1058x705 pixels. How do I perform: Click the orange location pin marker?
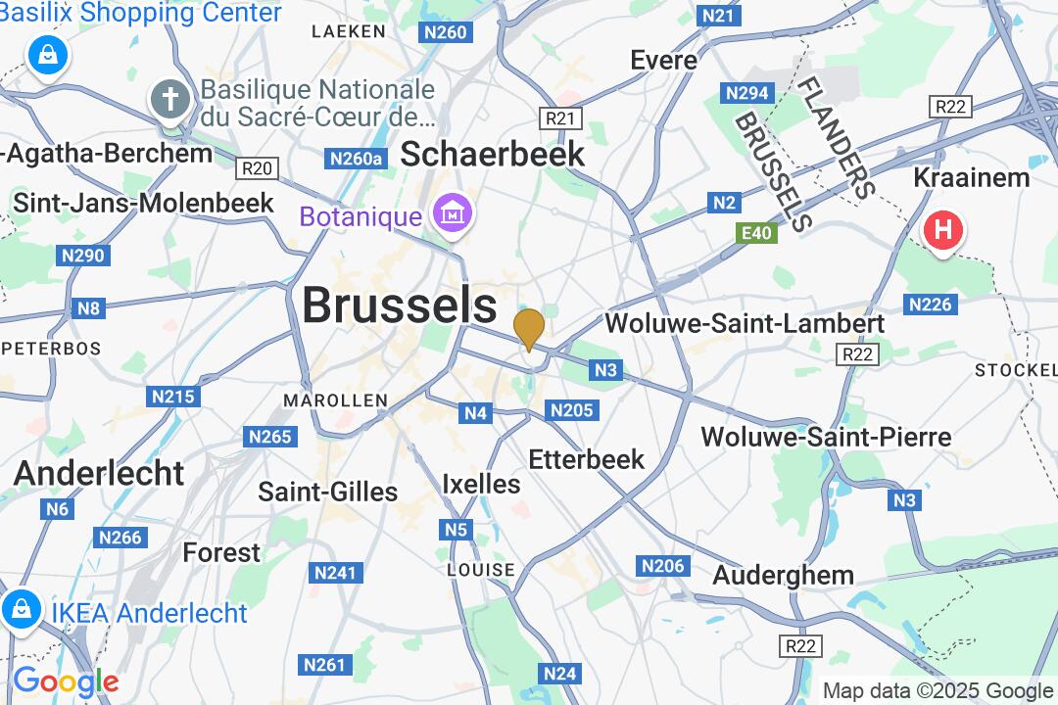(529, 327)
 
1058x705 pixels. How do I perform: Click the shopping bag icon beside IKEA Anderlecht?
(21, 609)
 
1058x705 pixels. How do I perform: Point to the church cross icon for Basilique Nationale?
(170, 100)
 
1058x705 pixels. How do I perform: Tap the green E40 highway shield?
(756, 232)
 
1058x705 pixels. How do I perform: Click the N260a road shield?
(356, 159)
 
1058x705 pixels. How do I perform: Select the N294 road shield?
(747, 93)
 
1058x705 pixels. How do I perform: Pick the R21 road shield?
(560, 118)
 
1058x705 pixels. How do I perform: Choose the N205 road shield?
(571, 410)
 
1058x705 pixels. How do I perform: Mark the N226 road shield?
(930, 305)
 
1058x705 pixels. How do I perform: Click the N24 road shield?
(559, 673)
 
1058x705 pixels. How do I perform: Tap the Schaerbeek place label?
(493, 154)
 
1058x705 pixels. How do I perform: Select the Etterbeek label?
(586, 458)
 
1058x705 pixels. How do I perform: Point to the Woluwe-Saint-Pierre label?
(826, 436)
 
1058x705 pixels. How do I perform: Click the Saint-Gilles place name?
(327, 491)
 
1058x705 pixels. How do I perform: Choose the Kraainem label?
(971, 177)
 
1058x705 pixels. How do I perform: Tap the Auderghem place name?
(783, 575)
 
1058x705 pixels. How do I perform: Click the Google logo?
(65, 681)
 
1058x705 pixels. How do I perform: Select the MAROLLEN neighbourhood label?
(335, 400)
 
